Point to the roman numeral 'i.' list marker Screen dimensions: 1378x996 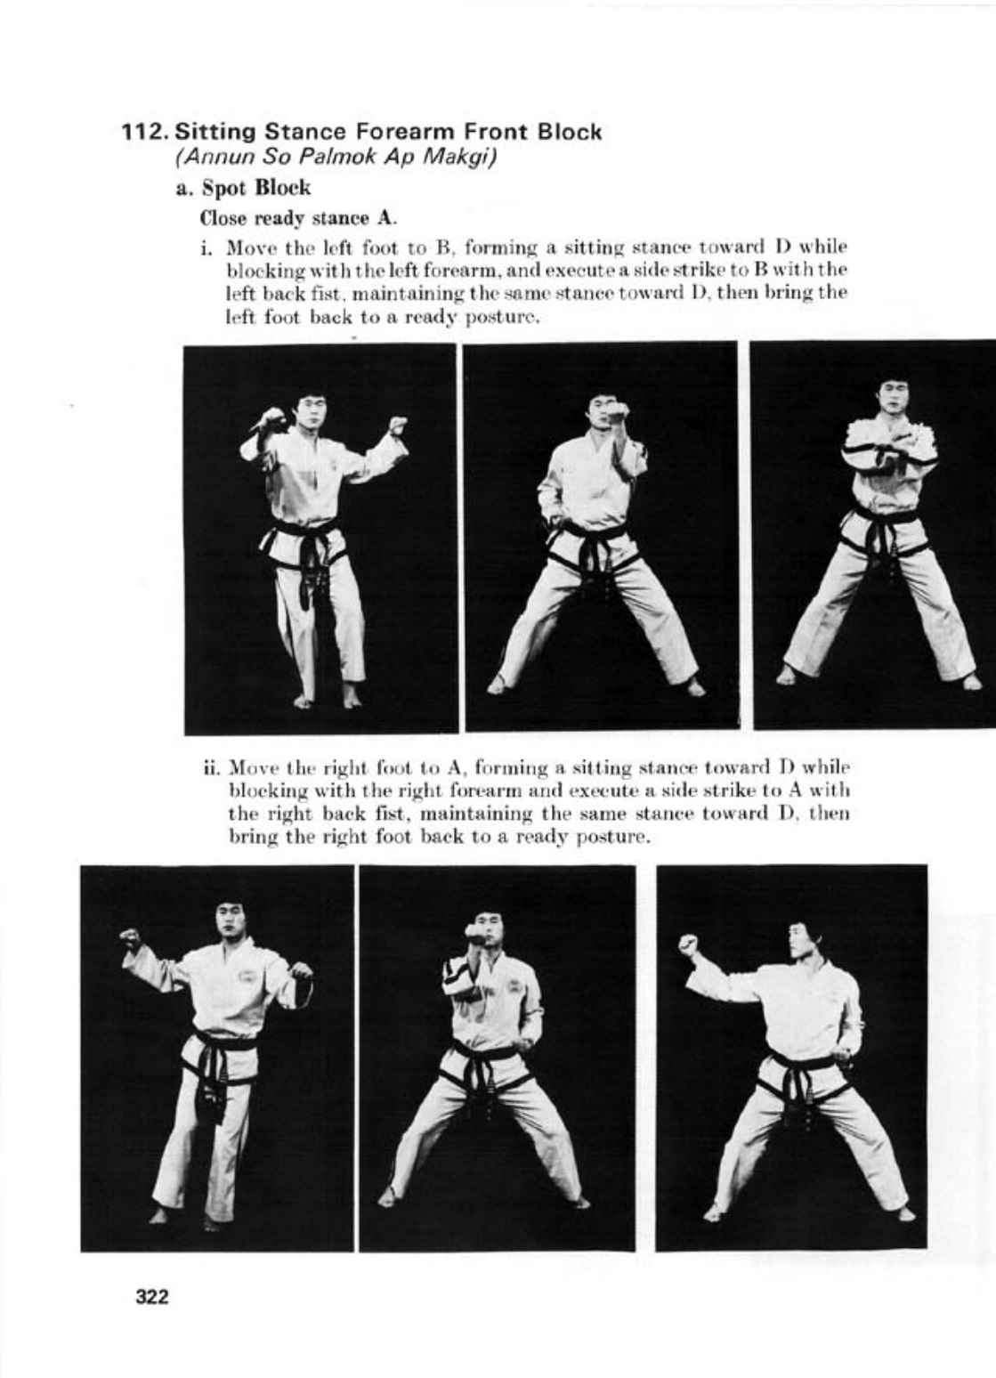206,247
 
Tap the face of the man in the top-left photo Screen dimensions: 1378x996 309,415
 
